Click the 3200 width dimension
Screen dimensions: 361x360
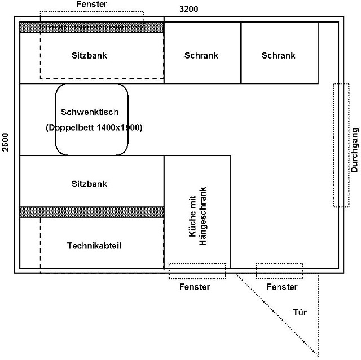[188, 9]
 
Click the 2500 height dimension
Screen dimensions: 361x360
[5, 142]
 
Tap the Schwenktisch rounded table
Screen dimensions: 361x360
[56, 119]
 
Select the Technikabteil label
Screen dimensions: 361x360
[94, 246]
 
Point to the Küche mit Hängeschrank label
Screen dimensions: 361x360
[197, 216]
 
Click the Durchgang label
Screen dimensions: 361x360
[355, 150]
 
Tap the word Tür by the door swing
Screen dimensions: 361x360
[300, 313]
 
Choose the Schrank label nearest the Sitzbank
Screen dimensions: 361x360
[201, 55]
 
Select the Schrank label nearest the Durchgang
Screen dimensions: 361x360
[278, 55]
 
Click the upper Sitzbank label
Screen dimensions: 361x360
[89, 55]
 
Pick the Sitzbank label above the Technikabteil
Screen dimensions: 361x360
[89, 184]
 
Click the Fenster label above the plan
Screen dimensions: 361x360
[91, 4]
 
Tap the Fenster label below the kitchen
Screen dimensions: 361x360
[195, 287]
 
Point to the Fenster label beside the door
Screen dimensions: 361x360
[282, 287]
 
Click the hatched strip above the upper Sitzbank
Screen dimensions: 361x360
[92, 27]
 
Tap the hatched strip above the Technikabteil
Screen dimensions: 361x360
[92, 212]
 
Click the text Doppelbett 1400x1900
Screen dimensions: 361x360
[94, 127]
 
